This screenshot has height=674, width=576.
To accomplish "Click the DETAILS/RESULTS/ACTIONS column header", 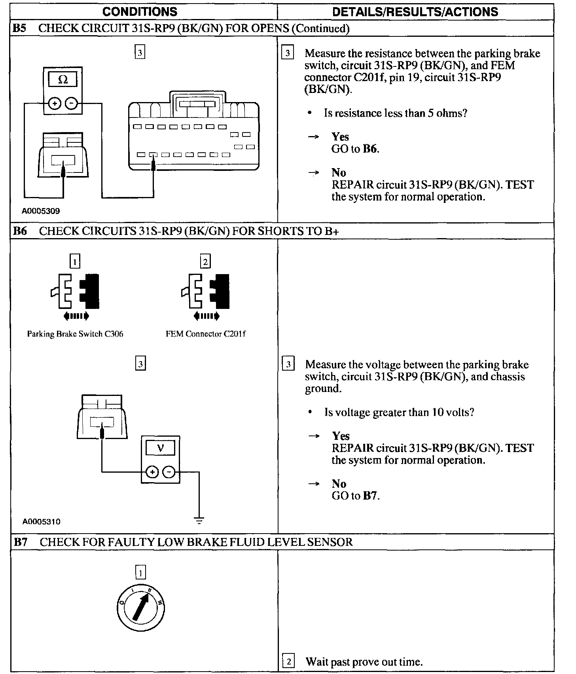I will (x=415, y=12).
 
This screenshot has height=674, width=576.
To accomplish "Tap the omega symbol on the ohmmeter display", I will (x=63, y=80).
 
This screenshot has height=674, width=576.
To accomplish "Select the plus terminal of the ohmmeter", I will (x=55, y=104).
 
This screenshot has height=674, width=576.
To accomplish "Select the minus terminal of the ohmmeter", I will (x=71, y=104).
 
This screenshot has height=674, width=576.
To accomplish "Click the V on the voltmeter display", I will (x=160, y=448).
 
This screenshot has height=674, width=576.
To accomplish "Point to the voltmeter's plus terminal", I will (x=152, y=472).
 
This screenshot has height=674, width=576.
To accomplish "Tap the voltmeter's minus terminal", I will (x=169, y=472).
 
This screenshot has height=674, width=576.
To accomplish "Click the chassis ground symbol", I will (x=199, y=520).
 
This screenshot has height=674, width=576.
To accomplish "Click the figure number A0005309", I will (x=41, y=211).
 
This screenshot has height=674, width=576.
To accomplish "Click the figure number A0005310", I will (x=42, y=522).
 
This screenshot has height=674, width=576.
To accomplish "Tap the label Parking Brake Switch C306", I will (x=75, y=334).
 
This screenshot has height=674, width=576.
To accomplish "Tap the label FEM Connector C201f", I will (x=205, y=334).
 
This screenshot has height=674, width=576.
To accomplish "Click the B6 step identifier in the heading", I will (x=20, y=231).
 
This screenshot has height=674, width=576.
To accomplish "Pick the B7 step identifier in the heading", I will (x=21, y=542).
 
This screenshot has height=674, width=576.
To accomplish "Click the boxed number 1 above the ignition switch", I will (x=140, y=572).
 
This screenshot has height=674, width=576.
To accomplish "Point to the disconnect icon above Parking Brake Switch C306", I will (x=75, y=295).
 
